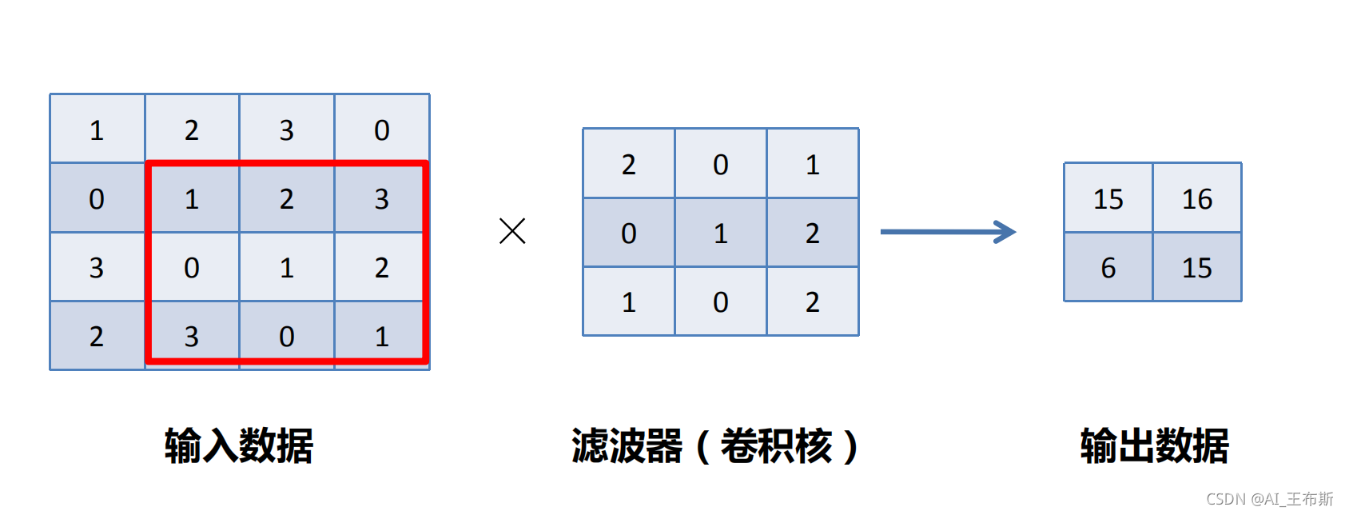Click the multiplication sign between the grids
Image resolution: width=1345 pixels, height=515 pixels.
point(512,231)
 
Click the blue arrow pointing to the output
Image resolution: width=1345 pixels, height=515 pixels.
point(948,232)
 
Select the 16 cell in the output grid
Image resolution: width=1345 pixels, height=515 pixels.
point(1197,198)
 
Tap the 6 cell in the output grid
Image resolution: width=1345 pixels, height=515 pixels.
point(1108,268)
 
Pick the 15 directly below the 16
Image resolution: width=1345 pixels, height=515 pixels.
point(1197,268)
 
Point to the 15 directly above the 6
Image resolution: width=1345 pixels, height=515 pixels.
point(1108,198)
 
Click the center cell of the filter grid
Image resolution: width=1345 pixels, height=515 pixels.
point(721,233)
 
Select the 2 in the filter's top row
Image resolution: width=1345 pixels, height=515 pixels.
point(629,165)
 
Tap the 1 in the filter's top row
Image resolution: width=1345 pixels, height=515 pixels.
point(813,165)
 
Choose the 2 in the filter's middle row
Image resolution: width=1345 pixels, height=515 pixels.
point(813,233)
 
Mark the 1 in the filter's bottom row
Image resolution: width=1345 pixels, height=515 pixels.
point(629,301)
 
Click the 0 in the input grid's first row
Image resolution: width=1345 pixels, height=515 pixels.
point(382,130)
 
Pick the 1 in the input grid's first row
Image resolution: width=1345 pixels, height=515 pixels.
point(97,130)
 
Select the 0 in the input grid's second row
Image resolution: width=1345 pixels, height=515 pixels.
point(97,198)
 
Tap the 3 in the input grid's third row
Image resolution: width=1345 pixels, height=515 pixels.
point(97,267)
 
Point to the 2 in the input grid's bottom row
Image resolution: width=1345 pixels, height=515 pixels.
point(97,336)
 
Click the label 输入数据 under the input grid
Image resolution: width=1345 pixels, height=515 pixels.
point(239,445)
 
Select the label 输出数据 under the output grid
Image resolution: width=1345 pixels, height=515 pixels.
point(1154,445)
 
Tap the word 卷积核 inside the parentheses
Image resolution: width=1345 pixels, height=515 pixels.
point(776,445)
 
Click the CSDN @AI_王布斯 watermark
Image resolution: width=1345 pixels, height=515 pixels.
point(1269,499)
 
